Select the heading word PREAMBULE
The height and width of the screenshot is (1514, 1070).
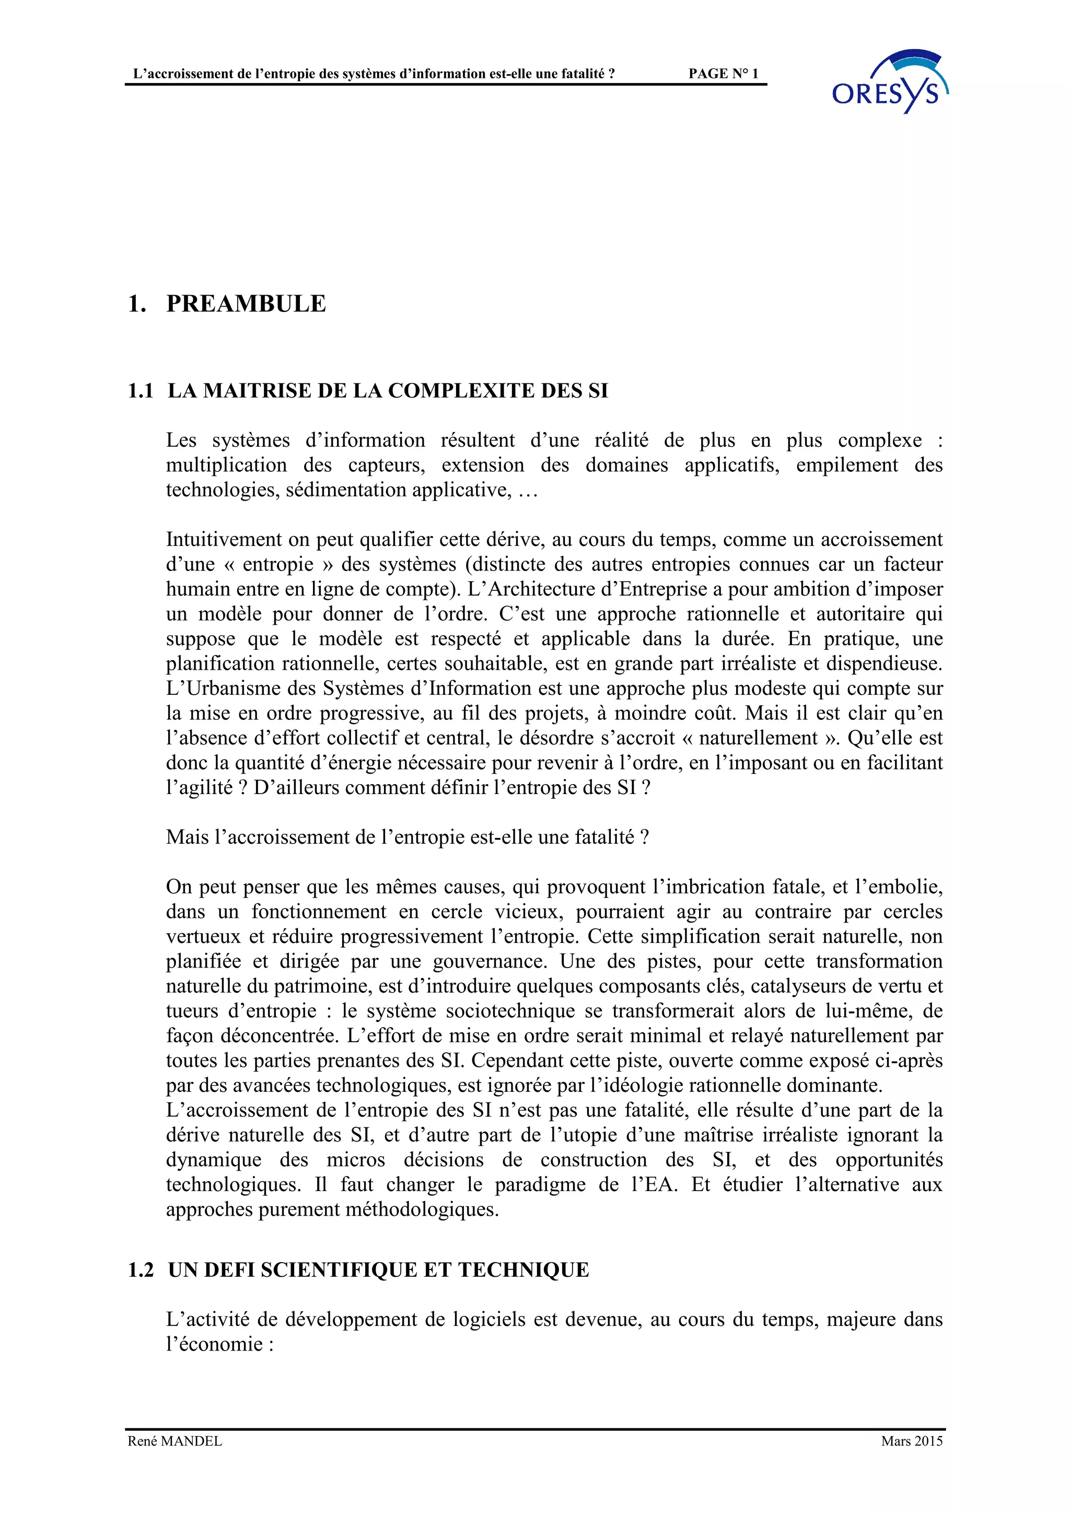click(x=246, y=304)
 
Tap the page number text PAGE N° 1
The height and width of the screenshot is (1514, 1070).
click(x=723, y=74)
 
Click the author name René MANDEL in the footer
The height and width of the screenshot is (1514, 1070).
click(x=175, y=1460)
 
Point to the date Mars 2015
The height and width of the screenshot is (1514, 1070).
click(x=912, y=1460)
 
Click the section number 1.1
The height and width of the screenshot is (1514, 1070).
click(x=141, y=391)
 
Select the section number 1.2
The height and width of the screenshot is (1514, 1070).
click(x=141, y=1270)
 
